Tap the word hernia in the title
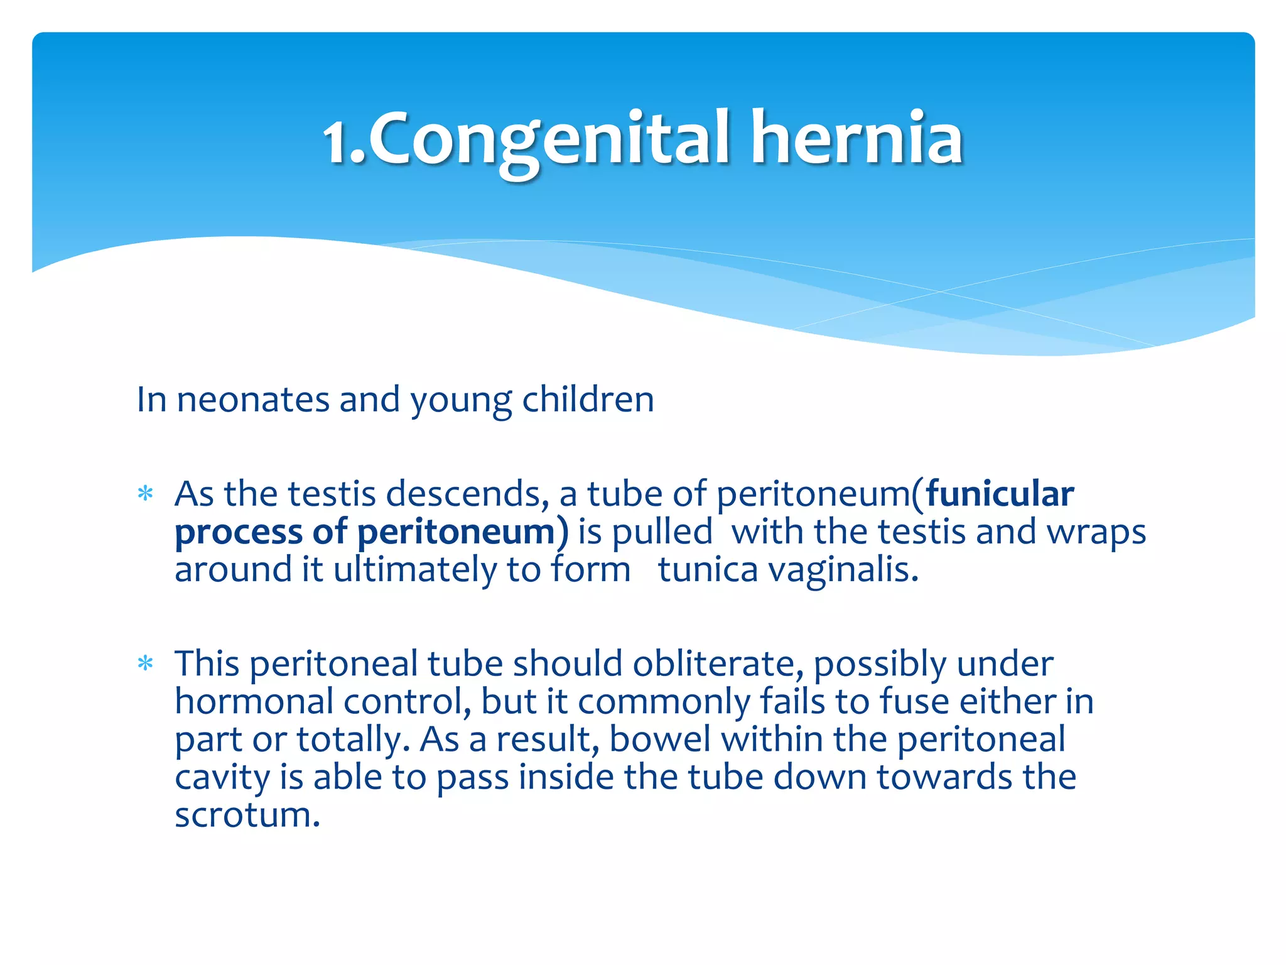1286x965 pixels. coord(856,138)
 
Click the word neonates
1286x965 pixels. coord(252,400)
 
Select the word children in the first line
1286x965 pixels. coord(588,400)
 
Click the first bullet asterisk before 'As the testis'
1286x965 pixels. coord(146,494)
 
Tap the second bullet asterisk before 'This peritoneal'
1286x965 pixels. coord(146,663)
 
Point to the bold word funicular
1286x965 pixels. coord(1000,494)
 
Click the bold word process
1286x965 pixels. coord(239,533)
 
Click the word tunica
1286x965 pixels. coord(708,570)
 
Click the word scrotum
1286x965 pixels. coord(247,815)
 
